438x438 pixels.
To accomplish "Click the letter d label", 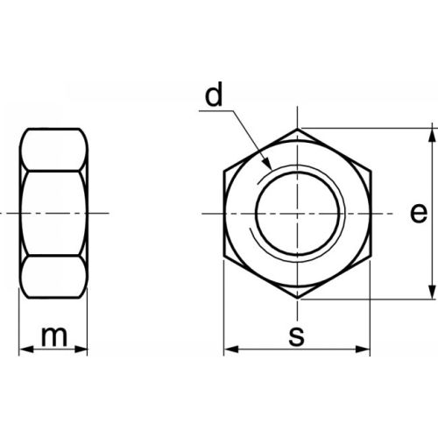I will click(213, 97).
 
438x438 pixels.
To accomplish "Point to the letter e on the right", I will click(419, 213).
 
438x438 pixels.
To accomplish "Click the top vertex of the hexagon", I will click(299, 129).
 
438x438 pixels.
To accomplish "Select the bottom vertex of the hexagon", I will click(299, 299).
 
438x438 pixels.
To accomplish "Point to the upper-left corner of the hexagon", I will click(225, 171).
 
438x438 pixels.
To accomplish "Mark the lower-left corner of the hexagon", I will click(225, 257).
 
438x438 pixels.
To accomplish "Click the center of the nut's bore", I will click(299, 214).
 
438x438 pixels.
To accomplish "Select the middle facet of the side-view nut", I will click(54, 214).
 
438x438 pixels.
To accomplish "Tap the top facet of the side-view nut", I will click(54, 149).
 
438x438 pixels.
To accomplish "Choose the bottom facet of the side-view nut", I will click(54, 278).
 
